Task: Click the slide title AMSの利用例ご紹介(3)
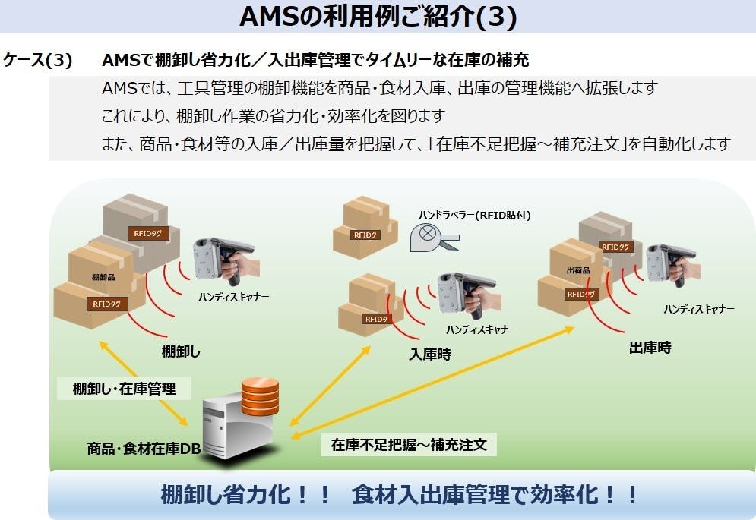378,17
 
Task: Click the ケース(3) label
38,61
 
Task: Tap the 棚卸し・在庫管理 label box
124,389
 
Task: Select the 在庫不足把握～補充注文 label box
409,445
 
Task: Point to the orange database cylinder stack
260,396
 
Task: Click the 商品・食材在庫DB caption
144,449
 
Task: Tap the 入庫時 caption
430,354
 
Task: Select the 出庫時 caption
650,348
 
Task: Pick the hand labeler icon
432,236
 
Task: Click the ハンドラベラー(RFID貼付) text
474,216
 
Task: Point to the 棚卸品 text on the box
103,278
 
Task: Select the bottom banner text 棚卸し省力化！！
246,496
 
